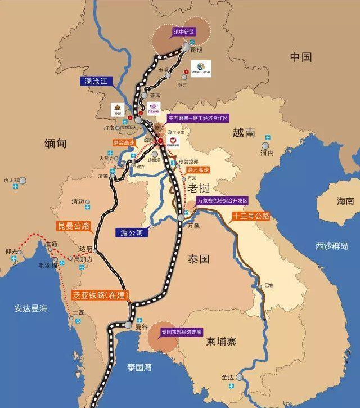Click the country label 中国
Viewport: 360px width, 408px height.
coord(301,57)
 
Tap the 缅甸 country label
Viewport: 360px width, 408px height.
coord(55,144)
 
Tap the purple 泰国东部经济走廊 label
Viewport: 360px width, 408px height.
coord(181,332)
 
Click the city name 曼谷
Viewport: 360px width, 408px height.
coord(141,326)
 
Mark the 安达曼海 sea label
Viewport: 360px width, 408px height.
coord(31,308)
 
